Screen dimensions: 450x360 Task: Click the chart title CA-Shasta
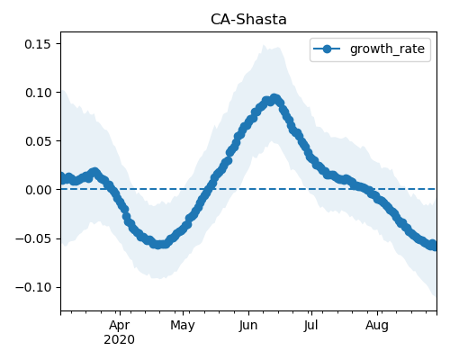click(x=248, y=20)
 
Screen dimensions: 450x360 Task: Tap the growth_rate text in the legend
click(x=387, y=49)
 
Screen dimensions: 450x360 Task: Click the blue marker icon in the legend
click(x=327, y=49)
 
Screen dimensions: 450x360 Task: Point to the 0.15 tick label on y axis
click(x=38, y=44)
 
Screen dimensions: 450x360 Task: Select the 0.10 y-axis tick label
click(x=39, y=93)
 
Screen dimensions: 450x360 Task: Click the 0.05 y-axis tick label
click(x=39, y=141)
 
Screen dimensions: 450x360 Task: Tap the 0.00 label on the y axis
click(x=39, y=190)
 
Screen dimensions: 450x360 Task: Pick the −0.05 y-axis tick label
click(x=33, y=238)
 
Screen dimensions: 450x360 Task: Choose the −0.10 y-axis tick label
click(x=33, y=287)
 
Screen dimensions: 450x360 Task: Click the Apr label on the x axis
click(x=120, y=325)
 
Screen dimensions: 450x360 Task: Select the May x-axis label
click(x=183, y=325)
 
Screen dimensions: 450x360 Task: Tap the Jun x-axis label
click(x=248, y=325)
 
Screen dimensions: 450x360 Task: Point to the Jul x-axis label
click(x=310, y=325)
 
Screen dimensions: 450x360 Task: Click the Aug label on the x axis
click(x=377, y=325)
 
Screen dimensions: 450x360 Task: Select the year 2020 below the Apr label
click(x=119, y=340)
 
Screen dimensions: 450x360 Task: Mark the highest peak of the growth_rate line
click(x=274, y=98)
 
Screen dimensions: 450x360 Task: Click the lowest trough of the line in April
click(x=159, y=245)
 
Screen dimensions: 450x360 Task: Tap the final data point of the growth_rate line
click(x=433, y=246)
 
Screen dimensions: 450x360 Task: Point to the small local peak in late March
click(x=94, y=172)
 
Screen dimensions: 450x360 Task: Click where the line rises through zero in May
click(x=209, y=189)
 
